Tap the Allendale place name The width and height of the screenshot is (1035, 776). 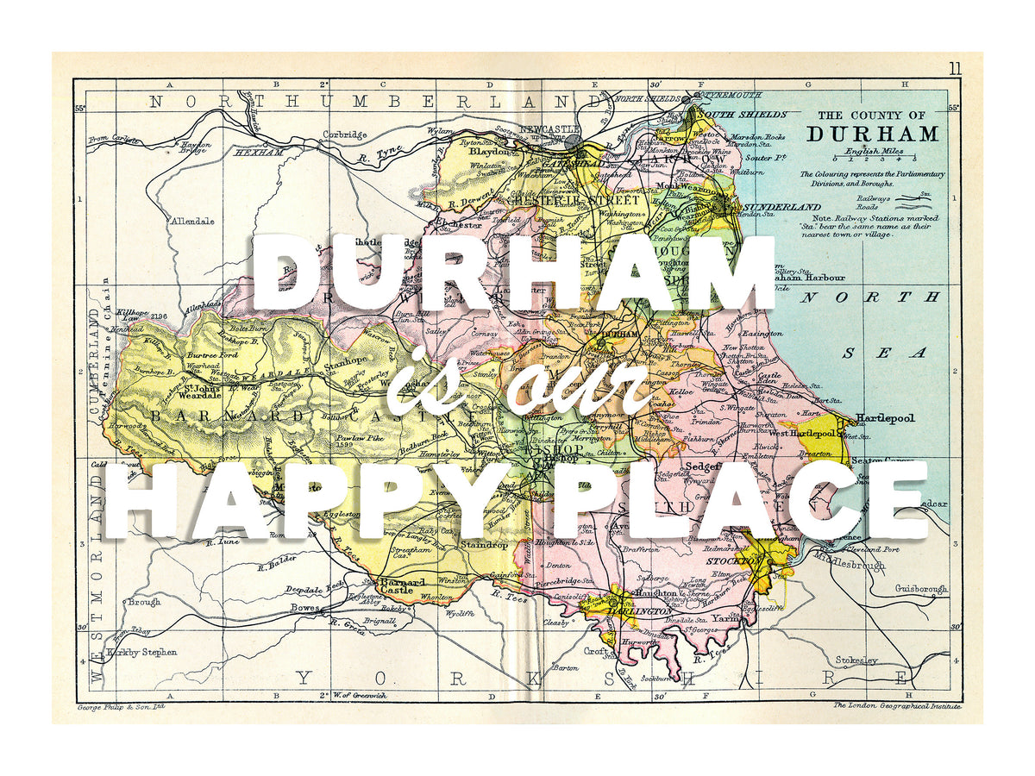[x=192, y=222]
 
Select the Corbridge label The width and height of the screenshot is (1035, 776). [x=344, y=135]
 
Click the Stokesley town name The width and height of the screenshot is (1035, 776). [x=855, y=660]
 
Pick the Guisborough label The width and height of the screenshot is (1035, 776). [x=921, y=589]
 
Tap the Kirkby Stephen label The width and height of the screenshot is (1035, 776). [x=142, y=653]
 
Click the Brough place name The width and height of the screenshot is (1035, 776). [x=144, y=603]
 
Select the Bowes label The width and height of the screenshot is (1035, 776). [x=304, y=607]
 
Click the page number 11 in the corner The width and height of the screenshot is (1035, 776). [x=955, y=69]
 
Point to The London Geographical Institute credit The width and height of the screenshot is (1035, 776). [x=897, y=706]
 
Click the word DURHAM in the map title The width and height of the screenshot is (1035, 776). [x=873, y=135]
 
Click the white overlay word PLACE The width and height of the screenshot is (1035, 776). [x=739, y=500]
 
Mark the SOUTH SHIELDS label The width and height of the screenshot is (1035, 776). [x=743, y=114]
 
